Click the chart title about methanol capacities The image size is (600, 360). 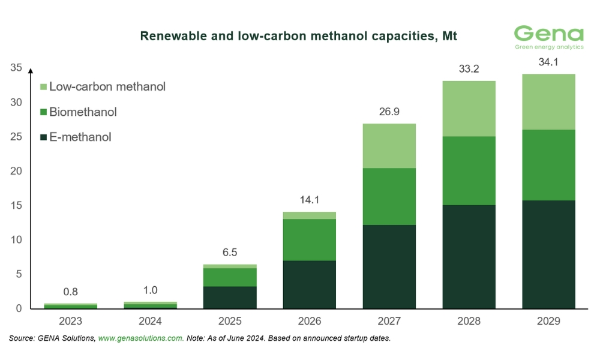(x=298, y=36)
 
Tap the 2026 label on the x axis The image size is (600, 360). (x=310, y=321)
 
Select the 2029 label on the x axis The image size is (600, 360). (x=548, y=321)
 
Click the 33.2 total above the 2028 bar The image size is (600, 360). (x=469, y=69)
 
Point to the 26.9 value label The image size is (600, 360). (x=389, y=112)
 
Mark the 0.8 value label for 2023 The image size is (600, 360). (x=71, y=292)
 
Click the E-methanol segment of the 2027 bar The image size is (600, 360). (x=389, y=266)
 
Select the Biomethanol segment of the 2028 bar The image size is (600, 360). (x=469, y=170)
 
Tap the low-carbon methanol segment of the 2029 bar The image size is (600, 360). (x=548, y=102)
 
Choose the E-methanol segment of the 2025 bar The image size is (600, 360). (x=230, y=298)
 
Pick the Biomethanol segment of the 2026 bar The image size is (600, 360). (x=310, y=239)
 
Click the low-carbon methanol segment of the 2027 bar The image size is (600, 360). (x=389, y=146)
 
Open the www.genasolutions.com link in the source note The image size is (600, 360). (x=140, y=338)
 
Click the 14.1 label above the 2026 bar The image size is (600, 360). (x=310, y=200)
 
